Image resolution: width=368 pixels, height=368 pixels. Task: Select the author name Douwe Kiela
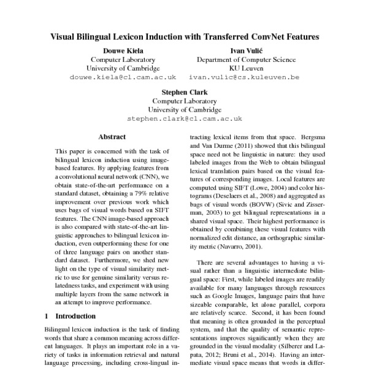point(125,50)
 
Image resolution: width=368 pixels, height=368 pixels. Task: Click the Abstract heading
point(112,137)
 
